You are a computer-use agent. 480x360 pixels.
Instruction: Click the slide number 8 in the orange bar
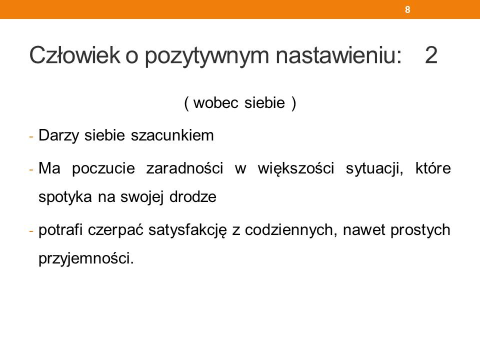(x=407, y=9)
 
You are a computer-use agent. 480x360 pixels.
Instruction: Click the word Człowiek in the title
(x=74, y=55)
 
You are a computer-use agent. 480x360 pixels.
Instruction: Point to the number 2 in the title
(x=431, y=55)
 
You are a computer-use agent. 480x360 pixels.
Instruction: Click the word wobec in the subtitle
(x=216, y=102)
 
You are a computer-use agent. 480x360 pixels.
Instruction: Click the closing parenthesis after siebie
(x=294, y=103)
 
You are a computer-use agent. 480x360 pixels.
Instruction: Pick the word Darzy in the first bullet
(x=59, y=135)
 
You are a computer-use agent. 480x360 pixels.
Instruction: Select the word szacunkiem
(x=172, y=135)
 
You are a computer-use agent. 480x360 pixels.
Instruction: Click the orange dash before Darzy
(x=31, y=136)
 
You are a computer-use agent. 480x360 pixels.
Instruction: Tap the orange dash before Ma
(x=31, y=169)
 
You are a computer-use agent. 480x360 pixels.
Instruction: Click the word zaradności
(x=184, y=168)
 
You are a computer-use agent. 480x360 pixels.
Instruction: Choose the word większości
(x=295, y=168)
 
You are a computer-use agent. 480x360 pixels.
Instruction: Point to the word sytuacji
(x=374, y=168)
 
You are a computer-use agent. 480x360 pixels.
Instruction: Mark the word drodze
(x=193, y=196)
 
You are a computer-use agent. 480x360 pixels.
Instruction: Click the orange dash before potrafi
(x=31, y=231)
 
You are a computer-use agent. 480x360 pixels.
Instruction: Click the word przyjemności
(x=86, y=258)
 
